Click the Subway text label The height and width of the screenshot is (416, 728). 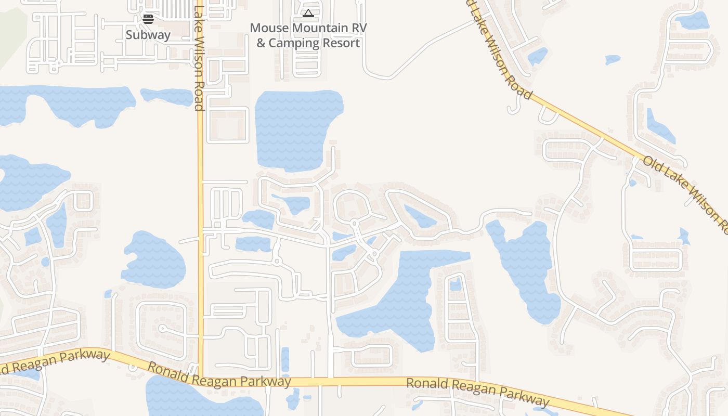tap(148, 35)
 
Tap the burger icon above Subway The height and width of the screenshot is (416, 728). tap(148, 19)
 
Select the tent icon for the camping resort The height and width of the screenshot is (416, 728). tap(308, 13)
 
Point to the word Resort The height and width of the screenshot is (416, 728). tap(341, 43)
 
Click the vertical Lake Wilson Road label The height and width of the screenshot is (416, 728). tap(199, 57)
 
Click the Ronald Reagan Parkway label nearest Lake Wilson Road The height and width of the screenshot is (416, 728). tap(219, 374)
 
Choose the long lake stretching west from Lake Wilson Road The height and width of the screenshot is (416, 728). tap(68, 104)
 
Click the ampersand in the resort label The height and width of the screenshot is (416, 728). tap(261, 43)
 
